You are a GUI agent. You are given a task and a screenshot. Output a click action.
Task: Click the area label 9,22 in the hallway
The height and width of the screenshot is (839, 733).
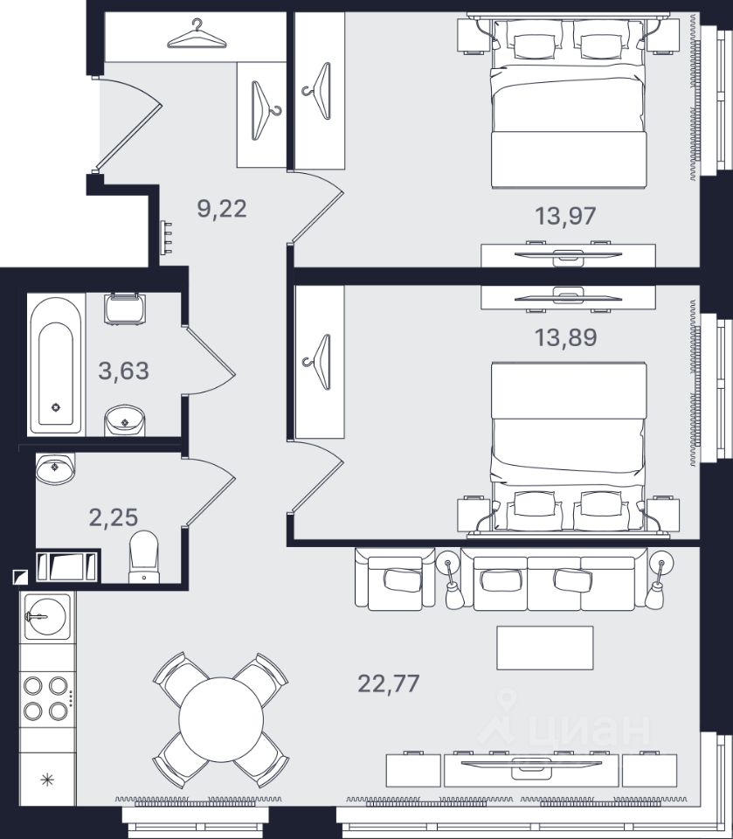(222, 209)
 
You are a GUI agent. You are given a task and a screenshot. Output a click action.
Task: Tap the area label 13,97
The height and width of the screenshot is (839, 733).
(565, 216)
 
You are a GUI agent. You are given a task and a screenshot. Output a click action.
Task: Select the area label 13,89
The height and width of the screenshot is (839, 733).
(565, 337)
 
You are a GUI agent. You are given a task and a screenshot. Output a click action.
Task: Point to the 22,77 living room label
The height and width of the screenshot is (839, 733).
(389, 683)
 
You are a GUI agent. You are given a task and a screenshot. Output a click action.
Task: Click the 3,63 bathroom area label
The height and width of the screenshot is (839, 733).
(123, 371)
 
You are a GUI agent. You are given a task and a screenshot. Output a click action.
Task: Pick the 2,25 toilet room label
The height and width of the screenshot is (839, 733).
(114, 517)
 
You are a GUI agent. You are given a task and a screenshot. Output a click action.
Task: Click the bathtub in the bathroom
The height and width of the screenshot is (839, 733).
(56, 365)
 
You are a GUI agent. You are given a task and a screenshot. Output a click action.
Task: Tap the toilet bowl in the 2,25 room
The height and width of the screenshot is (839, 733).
(144, 557)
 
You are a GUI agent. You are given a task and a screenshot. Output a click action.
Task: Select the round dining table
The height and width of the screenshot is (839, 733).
(221, 719)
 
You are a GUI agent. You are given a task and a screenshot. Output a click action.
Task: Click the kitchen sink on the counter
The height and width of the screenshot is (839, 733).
(46, 616)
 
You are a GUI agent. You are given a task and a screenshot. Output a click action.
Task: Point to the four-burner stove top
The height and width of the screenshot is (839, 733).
(45, 697)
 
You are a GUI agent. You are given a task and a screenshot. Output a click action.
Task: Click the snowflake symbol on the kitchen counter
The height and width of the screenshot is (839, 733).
(47, 780)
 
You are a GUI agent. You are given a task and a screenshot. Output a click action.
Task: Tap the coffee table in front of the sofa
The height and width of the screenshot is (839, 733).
(544, 648)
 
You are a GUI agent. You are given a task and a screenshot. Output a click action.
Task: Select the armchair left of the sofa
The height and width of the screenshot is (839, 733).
(396, 579)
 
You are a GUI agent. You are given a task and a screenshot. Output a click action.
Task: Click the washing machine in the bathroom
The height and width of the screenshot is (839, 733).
(124, 309)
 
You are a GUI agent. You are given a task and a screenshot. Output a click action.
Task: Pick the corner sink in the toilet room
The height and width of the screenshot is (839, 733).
(55, 468)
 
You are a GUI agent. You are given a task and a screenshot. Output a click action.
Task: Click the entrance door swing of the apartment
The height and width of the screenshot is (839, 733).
(128, 123)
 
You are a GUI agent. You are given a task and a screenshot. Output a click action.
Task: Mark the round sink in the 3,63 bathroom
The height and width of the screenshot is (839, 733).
(124, 420)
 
